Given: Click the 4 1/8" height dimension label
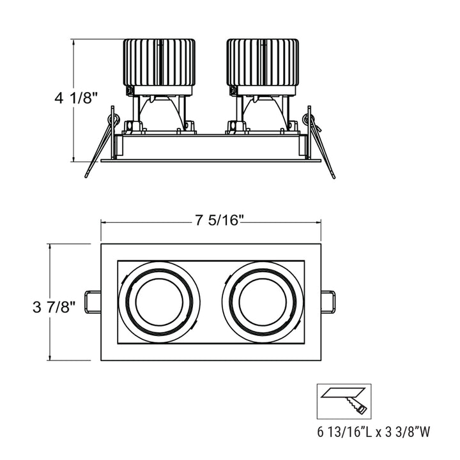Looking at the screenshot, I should tap(76, 98).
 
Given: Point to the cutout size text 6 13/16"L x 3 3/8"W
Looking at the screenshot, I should tap(374, 432).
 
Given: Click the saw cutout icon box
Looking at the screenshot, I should tap(344, 401).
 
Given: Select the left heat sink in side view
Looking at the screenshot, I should tap(159, 62).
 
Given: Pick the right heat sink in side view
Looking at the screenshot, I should tap(263, 62).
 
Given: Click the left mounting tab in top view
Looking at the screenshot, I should tap(91, 302).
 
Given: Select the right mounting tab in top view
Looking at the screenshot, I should tap(328, 302).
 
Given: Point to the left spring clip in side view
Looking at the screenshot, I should tap(102, 144).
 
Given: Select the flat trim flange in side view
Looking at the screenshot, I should tap(211, 160).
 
